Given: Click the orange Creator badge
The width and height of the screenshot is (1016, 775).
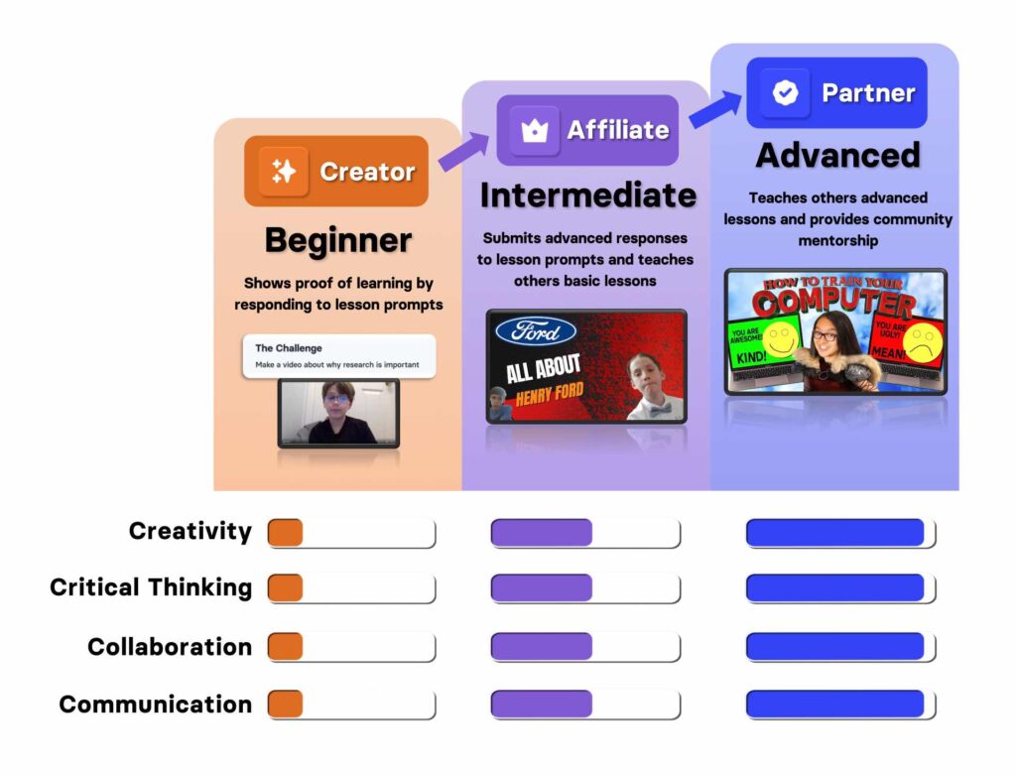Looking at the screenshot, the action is pos(335,171).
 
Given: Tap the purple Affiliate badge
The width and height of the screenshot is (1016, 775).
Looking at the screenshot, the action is pos(587,130).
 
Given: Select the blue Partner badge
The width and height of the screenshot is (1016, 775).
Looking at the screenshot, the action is pos(836,92).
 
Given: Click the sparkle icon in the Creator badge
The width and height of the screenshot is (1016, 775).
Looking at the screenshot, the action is pos(283,171).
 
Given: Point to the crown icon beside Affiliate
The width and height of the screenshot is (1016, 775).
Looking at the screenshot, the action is pos(535,130).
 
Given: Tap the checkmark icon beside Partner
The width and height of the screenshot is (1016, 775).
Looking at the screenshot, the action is pos(785,92).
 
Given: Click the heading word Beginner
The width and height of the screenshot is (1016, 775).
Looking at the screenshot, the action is pos(338,240).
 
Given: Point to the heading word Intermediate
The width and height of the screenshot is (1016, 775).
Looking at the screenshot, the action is pos(588,195).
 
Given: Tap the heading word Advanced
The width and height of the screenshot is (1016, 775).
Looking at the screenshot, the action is pos(837,156).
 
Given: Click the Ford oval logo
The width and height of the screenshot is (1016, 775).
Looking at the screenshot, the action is pos(536,331).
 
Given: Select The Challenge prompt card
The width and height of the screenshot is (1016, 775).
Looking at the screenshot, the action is pos(339,356).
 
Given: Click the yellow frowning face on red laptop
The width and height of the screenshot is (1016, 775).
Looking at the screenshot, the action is pos(922,342).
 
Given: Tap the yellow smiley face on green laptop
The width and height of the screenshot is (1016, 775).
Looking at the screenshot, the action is pos(781,338).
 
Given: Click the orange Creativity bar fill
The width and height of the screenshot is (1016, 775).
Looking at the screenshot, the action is pos(285,533).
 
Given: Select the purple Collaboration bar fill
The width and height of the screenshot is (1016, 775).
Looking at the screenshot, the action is pos(542,646).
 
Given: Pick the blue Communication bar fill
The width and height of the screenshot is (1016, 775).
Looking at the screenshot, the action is pos(835,704).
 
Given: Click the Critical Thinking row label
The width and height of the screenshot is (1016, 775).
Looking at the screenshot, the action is pos(151,587).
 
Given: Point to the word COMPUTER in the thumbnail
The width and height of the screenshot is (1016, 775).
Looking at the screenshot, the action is pos(833,301).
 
